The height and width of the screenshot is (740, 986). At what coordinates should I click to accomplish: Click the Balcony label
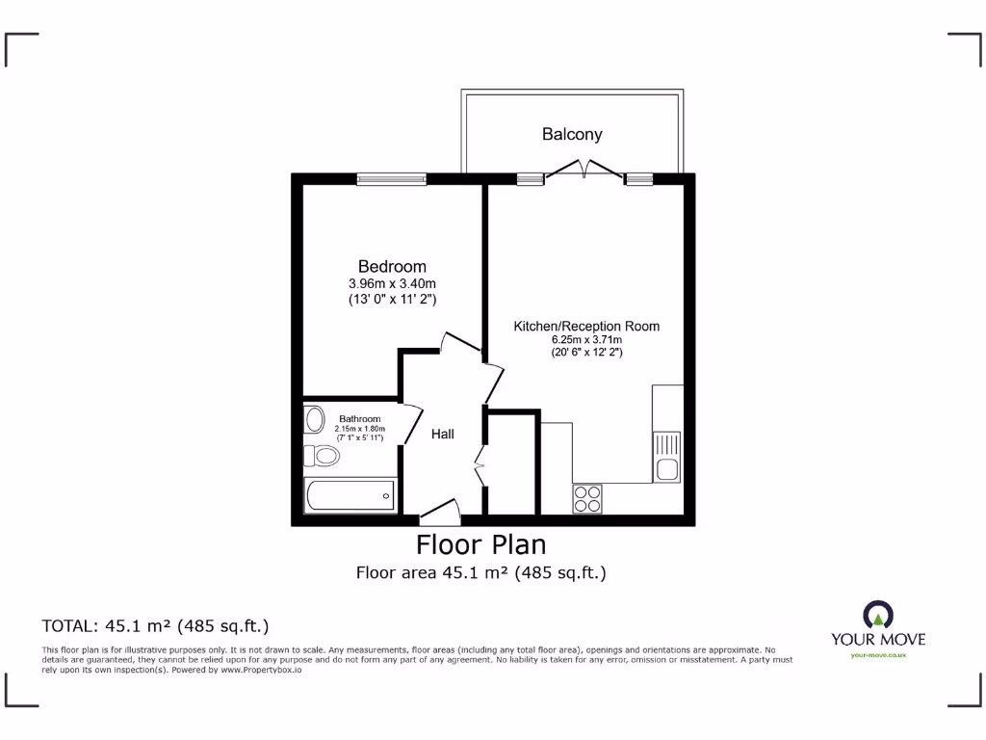572,135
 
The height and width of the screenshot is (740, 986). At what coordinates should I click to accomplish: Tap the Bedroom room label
392,266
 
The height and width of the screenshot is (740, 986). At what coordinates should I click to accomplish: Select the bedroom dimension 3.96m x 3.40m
392,283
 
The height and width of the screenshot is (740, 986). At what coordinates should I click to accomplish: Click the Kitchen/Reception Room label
586,326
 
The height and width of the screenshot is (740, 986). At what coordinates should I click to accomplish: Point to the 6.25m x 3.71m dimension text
586,340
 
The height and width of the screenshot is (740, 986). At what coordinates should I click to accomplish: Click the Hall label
443,435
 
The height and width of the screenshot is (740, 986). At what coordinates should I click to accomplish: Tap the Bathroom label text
359,418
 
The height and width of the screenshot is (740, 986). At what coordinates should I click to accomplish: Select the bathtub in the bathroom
350,495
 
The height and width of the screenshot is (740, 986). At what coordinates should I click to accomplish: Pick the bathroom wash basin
314,420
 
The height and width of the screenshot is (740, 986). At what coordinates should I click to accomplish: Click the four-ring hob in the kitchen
587,498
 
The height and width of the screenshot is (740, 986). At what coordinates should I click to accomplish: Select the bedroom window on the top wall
391,178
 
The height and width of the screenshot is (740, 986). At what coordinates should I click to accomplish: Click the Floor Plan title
480,544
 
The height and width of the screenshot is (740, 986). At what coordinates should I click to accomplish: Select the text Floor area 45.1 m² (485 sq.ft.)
480,573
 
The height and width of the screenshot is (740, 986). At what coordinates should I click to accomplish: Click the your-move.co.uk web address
877,655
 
